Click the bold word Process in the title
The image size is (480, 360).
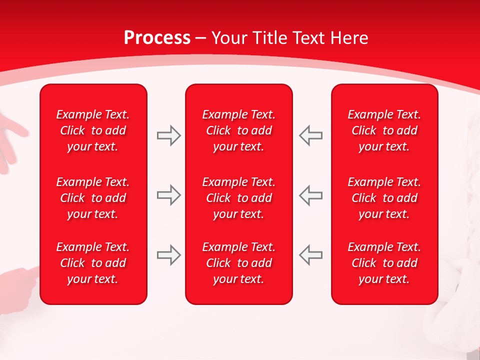[157, 38]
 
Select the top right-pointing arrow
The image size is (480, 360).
[169, 135]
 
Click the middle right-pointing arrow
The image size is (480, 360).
[169, 195]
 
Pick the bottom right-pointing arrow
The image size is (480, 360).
[169, 255]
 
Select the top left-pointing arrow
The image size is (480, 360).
[310, 135]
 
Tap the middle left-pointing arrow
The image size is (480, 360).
[310, 195]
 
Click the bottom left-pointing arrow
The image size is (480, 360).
[310, 255]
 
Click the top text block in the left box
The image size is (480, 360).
[93, 130]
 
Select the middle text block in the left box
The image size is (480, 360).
[93, 198]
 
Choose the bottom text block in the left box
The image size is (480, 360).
[93, 263]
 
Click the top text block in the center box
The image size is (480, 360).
[238, 130]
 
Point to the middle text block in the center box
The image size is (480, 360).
[238, 198]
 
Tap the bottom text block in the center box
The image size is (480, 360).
[238, 263]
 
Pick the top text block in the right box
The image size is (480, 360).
[384, 130]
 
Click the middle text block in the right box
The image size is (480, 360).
[384, 198]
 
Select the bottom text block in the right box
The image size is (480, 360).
[384, 263]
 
